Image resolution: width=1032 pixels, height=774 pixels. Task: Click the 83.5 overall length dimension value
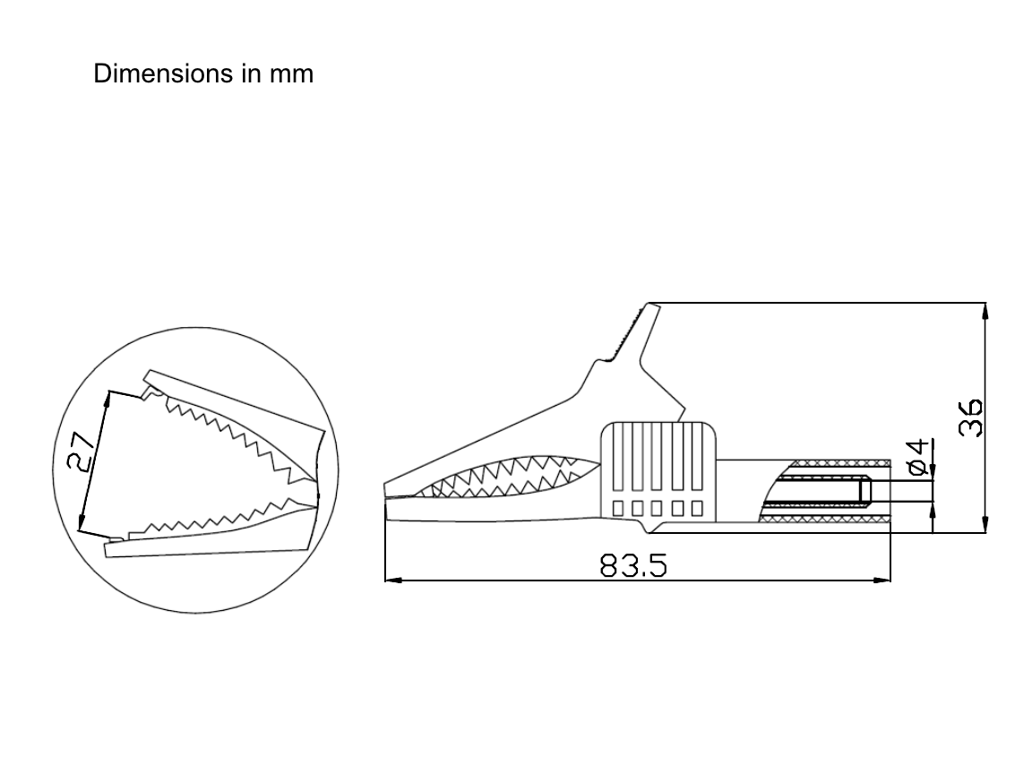pos(634,565)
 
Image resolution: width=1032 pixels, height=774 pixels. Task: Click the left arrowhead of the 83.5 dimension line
pos(391,580)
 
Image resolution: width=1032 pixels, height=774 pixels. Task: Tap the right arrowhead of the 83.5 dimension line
pos(885,580)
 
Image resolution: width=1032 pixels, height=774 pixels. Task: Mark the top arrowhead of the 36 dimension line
pos(985,310)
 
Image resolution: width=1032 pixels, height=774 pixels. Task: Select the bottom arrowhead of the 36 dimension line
pos(985,526)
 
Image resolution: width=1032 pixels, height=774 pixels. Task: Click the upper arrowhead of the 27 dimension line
pos(107,399)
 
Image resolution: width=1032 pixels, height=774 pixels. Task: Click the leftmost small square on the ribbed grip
pos(618,508)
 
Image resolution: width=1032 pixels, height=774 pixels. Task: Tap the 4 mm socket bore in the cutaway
pos(820,491)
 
